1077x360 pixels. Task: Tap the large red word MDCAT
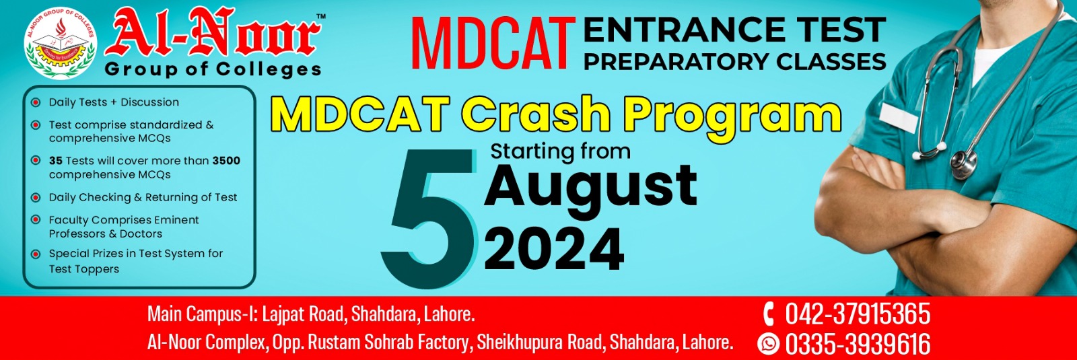pyautogui.click(x=493, y=43)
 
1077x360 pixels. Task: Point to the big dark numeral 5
pyautogui.click(x=428, y=219)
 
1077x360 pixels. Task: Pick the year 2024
pyautogui.click(x=554, y=250)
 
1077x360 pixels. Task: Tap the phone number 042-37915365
pyautogui.click(x=858, y=314)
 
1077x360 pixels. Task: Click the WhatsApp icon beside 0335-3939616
pyautogui.click(x=768, y=344)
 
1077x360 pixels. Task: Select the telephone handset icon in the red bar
pyautogui.click(x=768, y=314)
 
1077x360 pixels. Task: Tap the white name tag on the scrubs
pyautogui.click(x=899, y=117)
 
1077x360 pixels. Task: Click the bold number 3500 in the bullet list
pyautogui.click(x=226, y=161)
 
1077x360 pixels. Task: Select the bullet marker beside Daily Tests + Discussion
pyautogui.click(x=36, y=102)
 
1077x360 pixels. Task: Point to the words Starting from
pyautogui.click(x=560, y=151)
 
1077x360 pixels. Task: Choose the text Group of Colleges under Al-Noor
pyautogui.click(x=213, y=69)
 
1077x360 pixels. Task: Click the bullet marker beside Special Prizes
pyautogui.click(x=36, y=254)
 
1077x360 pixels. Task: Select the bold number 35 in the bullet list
pyautogui.click(x=56, y=161)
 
